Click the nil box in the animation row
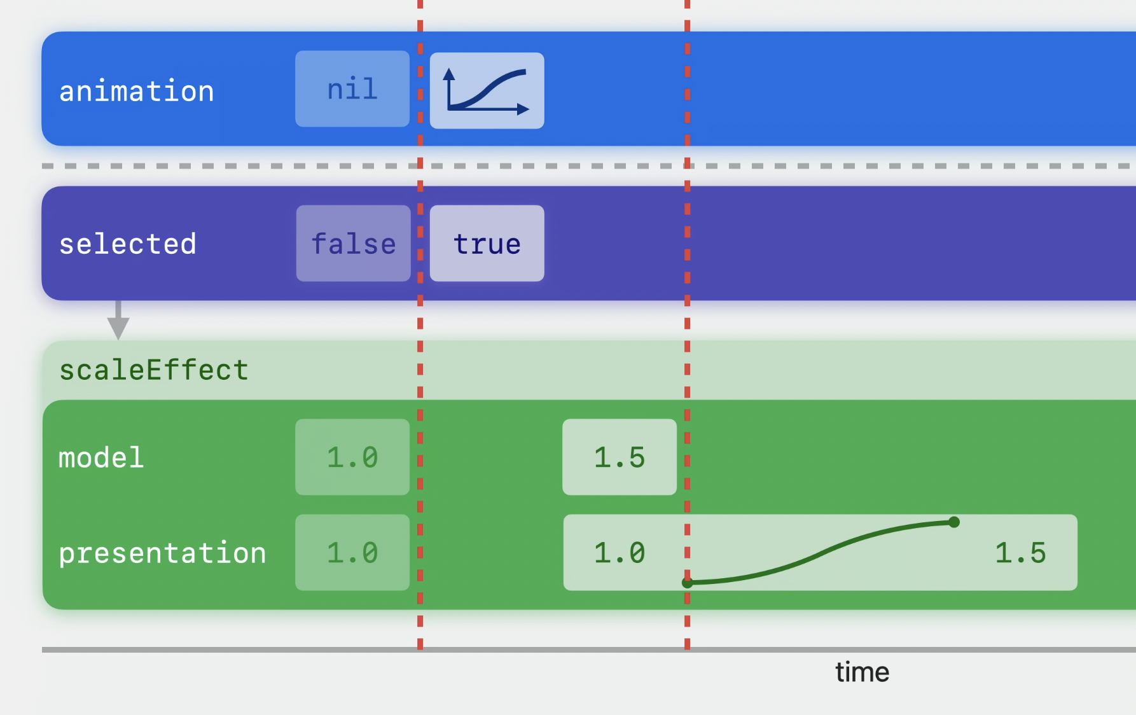click(x=352, y=88)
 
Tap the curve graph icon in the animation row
click(x=487, y=90)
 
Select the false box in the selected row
click(x=353, y=243)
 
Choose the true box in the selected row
click(x=487, y=243)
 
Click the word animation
click(x=137, y=91)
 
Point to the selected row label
click(x=128, y=244)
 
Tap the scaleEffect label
click(x=154, y=370)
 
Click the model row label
click(x=102, y=457)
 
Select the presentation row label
click(x=163, y=553)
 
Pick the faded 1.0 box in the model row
click(x=352, y=457)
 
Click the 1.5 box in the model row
click(x=620, y=457)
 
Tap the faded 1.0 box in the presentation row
click(x=352, y=552)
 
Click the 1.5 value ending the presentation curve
click(x=1020, y=553)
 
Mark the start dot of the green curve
click(x=687, y=582)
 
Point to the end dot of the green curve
click(x=954, y=522)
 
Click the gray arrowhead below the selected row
click(x=118, y=328)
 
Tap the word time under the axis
click(x=862, y=672)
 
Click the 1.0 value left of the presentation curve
click(x=620, y=553)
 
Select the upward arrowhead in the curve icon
click(x=449, y=74)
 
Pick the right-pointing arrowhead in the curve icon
click(x=523, y=109)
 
